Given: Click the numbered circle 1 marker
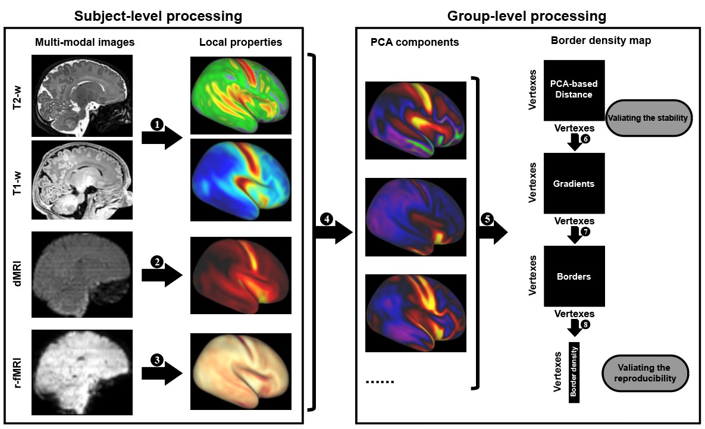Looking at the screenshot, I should tap(157, 124).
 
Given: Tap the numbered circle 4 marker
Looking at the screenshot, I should tap(327, 218).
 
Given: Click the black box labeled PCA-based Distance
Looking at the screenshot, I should tap(574, 90).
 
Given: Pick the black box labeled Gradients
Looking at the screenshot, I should tap(574, 183).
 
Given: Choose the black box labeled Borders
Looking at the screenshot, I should tap(574, 276).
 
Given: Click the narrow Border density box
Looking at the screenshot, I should tap(574, 372).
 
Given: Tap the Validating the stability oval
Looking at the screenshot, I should tap(649, 118).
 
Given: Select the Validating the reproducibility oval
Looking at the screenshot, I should tap(648, 373).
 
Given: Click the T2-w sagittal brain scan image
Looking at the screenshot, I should tap(82, 95).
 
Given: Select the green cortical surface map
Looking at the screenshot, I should tap(241, 95).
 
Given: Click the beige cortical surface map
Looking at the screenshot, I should tap(241, 371).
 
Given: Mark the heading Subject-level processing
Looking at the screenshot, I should tap(158, 16).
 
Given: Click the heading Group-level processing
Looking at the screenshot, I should tap(527, 16).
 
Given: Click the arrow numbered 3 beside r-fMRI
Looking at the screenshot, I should tap(161, 372).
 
